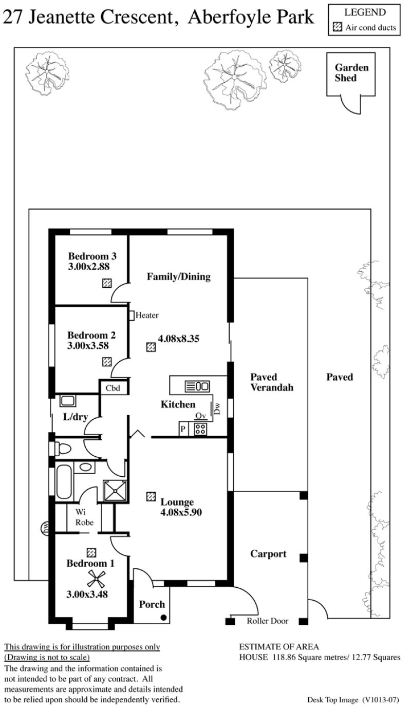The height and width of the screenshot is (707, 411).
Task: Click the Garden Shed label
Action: pos(351,72)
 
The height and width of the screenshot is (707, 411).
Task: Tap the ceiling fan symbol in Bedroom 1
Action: pos(96,580)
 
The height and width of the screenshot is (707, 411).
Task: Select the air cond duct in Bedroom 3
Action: pos(107,283)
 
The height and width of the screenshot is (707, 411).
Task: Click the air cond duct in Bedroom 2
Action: pos(107,362)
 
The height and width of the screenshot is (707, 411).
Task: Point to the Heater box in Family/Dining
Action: pos(132,315)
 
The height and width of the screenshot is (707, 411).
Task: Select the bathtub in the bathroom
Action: pos(64,482)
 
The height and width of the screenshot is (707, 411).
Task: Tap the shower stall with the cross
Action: pos(116,491)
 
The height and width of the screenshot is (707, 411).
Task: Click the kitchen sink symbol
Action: pos(197,386)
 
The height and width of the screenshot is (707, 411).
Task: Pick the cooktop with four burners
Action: pos(200,429)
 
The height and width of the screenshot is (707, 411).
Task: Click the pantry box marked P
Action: pos(183,429)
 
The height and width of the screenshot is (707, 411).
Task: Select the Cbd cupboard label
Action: pos(113,388)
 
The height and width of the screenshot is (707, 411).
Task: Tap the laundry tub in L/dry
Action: pos(67,401)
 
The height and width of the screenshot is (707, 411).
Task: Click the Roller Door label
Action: pos(267,621)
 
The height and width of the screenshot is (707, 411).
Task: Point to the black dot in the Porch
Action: pos(163,617)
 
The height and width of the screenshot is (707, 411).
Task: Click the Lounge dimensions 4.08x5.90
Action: pos(181,512)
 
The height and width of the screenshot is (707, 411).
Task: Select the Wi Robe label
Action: pos(84,517)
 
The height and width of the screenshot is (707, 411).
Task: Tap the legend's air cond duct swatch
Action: pos(338,27)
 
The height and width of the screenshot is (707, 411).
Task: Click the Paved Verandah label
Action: pos(272,382)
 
